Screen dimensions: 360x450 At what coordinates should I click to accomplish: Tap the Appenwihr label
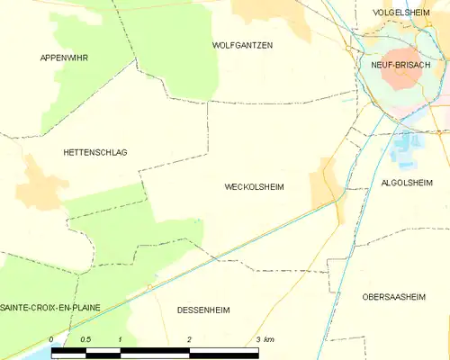[x=64, y=58]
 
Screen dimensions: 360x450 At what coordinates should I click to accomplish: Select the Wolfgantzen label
[x=242, y=45]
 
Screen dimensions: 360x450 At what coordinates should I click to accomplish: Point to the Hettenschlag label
[x=95, y=152]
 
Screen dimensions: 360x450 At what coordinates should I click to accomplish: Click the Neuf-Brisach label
[x=400, y=66]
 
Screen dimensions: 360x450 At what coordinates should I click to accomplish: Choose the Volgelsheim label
[x=400, y=13]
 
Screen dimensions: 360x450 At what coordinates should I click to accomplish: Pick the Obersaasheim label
[x=398, y=296]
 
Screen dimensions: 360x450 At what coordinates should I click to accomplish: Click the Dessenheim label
[x=203, y=310]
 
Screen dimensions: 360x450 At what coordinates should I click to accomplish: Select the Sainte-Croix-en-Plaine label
[x=49, y=308]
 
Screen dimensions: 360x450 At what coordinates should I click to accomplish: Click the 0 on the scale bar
[x=52, y=339]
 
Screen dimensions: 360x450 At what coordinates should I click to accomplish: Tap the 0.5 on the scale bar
[x=85, y=339]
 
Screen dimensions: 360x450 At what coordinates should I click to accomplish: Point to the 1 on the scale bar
[x=120, y=339]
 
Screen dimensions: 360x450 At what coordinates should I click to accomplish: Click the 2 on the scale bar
[x=189, y=339]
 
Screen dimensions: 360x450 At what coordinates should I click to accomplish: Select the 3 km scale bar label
[x=264, y=339]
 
